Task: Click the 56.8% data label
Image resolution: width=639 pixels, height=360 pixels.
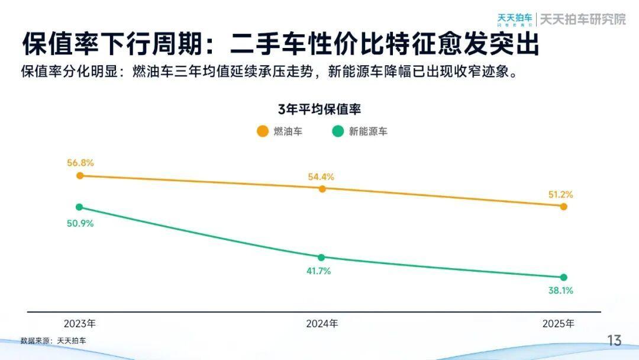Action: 80,163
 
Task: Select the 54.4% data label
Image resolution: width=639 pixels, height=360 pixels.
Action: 321,176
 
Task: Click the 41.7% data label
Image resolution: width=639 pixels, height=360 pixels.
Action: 318,271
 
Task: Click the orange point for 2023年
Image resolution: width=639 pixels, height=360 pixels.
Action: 80,176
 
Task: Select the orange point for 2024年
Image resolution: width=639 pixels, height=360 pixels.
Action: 322,189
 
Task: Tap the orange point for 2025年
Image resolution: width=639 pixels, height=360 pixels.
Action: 563,207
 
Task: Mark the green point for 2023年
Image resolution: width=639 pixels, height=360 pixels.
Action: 80,207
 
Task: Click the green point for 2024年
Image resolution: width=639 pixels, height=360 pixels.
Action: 321,258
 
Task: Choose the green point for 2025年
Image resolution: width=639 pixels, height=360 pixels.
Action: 563,277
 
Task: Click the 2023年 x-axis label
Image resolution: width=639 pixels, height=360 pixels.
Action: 80,324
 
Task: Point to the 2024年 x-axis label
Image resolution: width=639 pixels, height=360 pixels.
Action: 322,324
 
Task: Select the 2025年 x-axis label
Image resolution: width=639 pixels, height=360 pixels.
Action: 559,324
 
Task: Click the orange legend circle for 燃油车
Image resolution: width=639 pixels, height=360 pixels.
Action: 262,131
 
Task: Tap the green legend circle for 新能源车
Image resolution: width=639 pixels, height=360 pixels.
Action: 338,131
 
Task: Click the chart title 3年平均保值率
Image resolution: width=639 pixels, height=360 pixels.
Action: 319,110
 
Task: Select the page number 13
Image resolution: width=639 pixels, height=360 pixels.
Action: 615,340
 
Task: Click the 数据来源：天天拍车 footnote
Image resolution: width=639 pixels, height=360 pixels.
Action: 53,341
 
